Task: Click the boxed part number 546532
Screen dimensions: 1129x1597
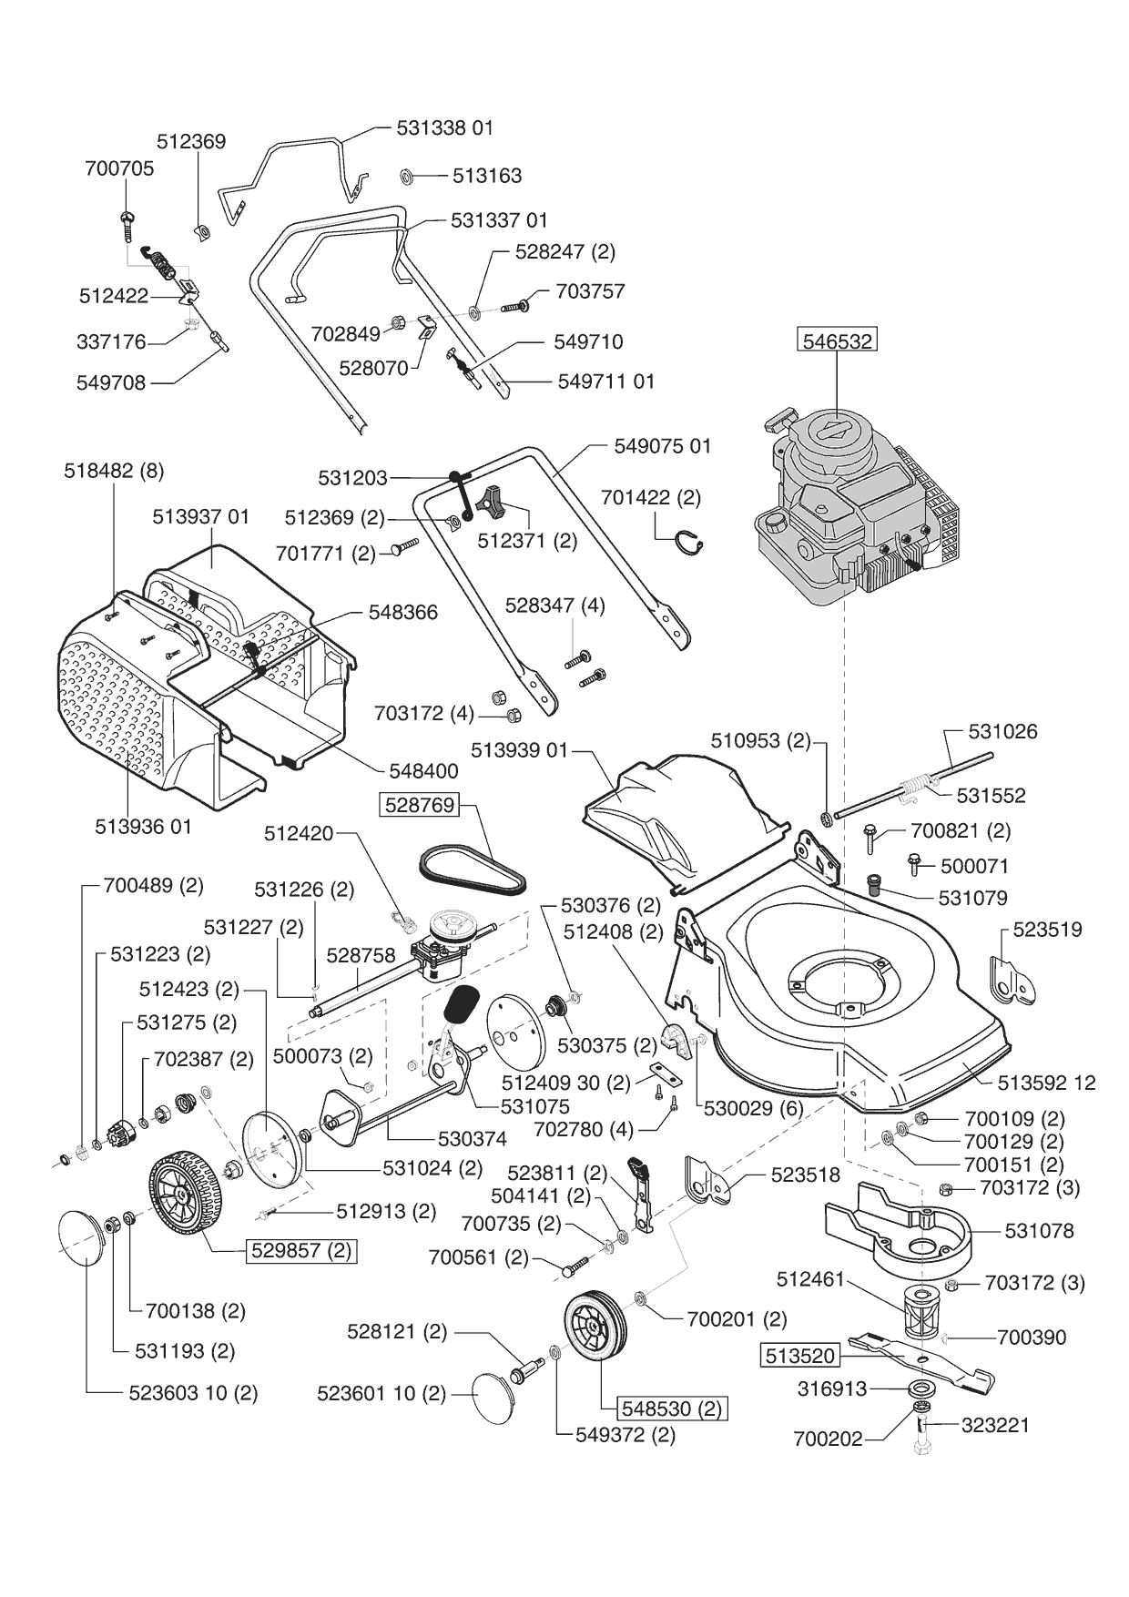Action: (837, 341)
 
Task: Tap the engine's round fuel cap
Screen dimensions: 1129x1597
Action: (775, 523)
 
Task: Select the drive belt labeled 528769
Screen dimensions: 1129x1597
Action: (473, 868)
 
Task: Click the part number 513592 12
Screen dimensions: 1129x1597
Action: (1046, 1083)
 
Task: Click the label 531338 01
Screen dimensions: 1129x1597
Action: (445, 127)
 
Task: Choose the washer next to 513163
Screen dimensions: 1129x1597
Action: (407, 175)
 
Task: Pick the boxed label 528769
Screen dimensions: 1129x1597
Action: (419, 804)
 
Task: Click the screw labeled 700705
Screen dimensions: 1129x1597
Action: (127, 222)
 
